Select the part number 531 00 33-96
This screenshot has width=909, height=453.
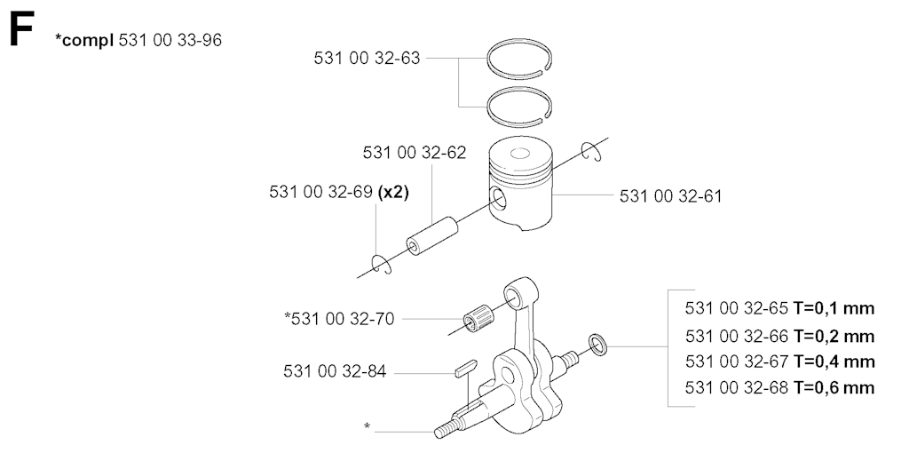170,40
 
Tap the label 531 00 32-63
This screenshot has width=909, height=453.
367,58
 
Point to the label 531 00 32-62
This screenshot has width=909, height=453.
415,153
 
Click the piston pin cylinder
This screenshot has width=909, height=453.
431,235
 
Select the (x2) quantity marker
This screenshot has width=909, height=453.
393,192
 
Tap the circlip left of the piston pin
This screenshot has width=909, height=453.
382,263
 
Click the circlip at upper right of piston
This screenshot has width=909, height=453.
592,151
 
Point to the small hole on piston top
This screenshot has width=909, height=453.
520,154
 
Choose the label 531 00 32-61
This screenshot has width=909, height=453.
671,196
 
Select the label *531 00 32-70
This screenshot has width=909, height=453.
339,319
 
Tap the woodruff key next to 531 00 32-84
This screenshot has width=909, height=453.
466,369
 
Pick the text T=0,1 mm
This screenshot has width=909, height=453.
834,308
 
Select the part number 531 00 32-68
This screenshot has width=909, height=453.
736,387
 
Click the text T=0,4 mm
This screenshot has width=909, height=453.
834,362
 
